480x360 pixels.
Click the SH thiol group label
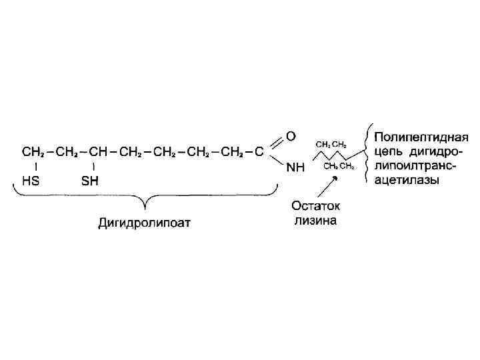pyautogui.click(x=89, y=181)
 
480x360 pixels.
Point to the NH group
pyautogui.click(x=295, y=169)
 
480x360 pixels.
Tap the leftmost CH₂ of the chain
pyautogui.click(x=32, y=152)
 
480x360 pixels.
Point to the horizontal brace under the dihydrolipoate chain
pyautogui.click(x=145, y=198)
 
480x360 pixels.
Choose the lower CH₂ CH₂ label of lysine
pyautogui.click(x=339, y=166)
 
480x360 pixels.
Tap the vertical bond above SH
pyautogui.click(x=93, y=166)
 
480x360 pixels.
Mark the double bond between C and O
pyautogui.click(x=274, y=143)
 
